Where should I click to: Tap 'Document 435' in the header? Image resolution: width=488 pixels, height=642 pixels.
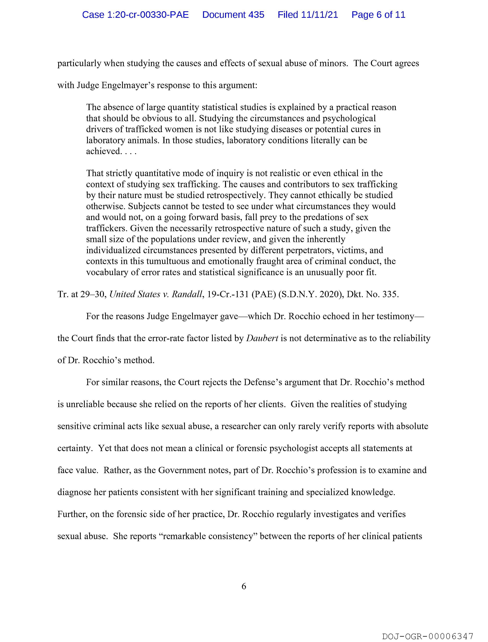point(233,15)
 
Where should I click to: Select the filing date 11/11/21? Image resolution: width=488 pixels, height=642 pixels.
point(320,15)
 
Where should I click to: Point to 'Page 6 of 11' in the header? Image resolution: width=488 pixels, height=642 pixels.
point(378,15)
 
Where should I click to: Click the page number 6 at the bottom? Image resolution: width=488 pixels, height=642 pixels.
point(244,586)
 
